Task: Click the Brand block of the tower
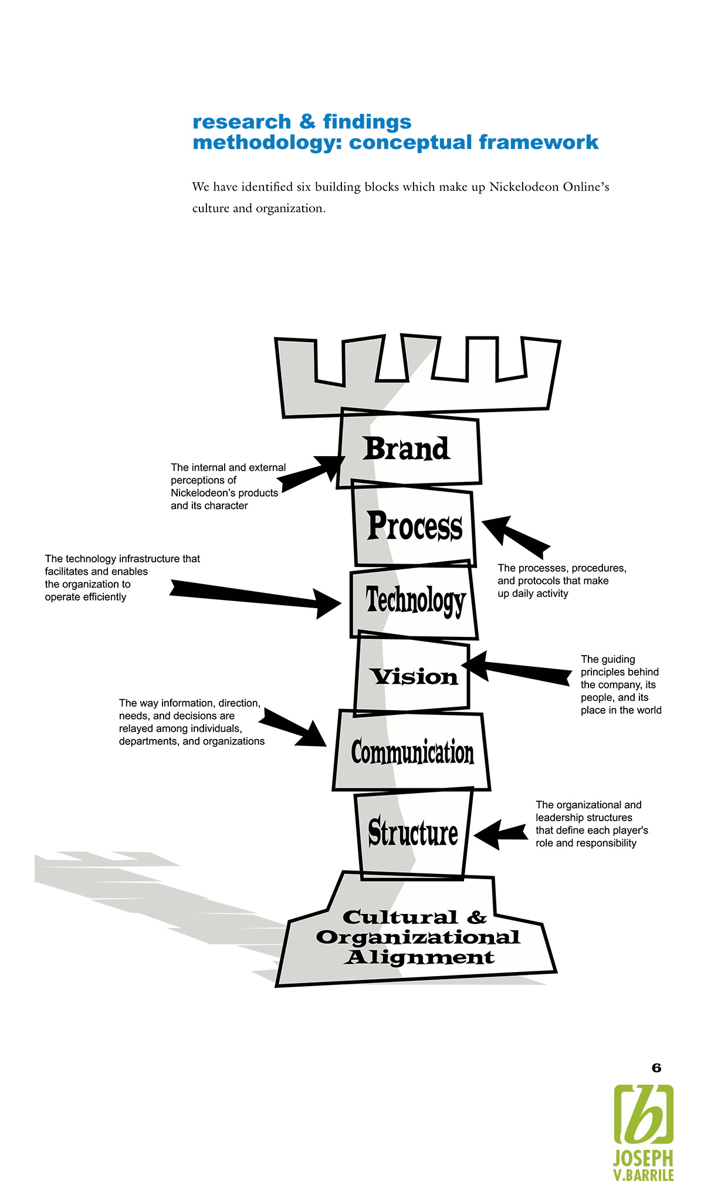click(407, 449)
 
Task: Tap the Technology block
click(415, 600)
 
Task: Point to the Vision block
click(414, 677)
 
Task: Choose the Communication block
click(412, 752)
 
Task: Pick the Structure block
click(413, 833)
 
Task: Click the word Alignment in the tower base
click(419, 957)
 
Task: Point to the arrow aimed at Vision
click(516, 669)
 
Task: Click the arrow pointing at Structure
click(500, 833)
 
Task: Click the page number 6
click(656, 1068)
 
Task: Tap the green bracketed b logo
click(644, 1115)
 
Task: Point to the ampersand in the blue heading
click(307, 122)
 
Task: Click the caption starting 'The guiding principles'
click(620, 684)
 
